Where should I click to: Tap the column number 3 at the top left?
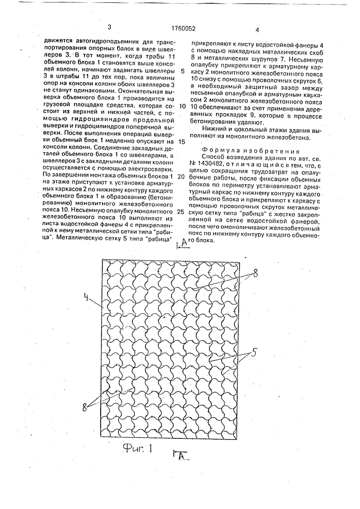click(109, 28)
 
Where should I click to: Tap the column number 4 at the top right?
click(257, 30)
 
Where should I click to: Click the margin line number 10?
click(182, 106)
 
